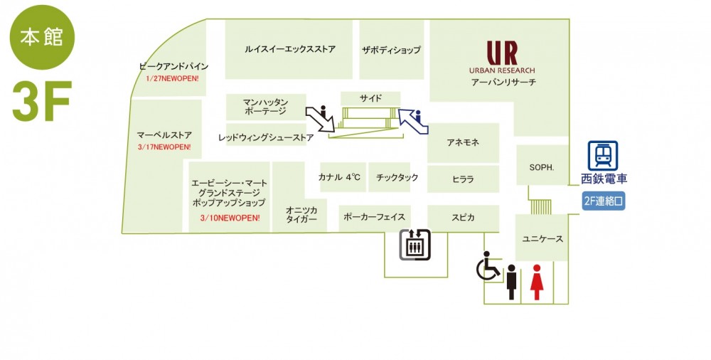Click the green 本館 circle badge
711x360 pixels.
click(42, 37)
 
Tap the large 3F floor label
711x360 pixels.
click(42, 101)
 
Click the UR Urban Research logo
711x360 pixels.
click(502, 57)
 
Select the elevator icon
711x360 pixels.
click(415, 245)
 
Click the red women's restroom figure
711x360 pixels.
click(537, 282)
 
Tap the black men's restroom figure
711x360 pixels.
click(511, 282)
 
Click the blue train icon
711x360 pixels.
click(603, 156)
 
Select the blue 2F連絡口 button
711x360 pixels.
click(604, 201)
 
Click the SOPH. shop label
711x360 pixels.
click(542, 167)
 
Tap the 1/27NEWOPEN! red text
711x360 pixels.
click(172, 78)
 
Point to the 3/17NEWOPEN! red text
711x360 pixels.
click(164, 147)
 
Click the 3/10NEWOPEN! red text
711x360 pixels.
click(230, 218)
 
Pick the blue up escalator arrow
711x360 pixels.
click(413, 121)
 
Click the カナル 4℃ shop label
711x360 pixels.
click(339, 177)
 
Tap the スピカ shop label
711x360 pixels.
click(463, 218)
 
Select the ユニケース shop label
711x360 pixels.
click(542, 239)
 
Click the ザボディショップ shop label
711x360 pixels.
click(391, 50)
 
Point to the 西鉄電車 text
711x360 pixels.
click(604, 179)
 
